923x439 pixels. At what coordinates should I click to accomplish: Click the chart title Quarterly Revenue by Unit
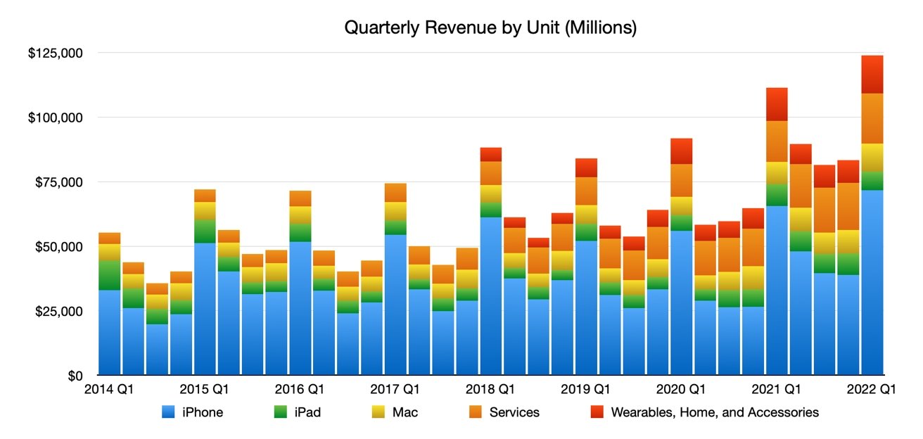click(x=490, y=28)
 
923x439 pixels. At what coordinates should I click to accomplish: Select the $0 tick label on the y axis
click(x=75, y=376)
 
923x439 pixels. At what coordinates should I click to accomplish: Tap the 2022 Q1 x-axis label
click(x=873, y=389)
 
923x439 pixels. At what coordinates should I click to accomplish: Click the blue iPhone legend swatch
click(x=168, y=412)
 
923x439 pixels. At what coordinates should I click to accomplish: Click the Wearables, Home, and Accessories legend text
click(x=715, y=412)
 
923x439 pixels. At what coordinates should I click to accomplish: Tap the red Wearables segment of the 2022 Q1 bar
click(x=872, y=74)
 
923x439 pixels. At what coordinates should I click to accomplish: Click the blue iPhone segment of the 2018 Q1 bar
click(x=491, y=295)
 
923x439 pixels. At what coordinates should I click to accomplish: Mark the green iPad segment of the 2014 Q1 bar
click(x=109, y=275)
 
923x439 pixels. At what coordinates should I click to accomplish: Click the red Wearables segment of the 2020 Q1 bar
click(x=680, y=151)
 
